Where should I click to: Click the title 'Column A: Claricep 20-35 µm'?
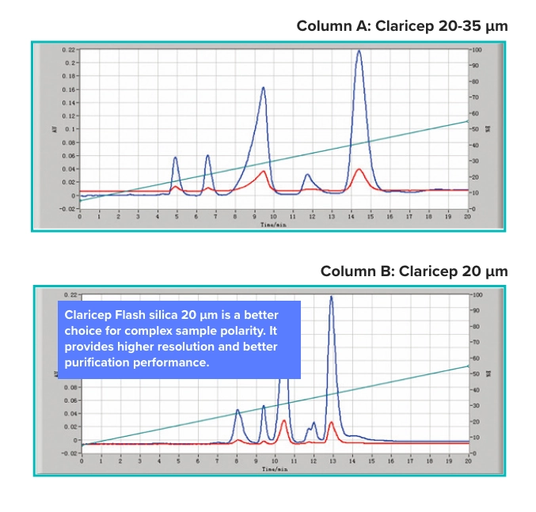coord(401,26)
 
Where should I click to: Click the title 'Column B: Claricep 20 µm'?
coord(413,271)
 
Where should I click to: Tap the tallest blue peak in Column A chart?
coord(359,52)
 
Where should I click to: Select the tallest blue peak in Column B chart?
coord(331,298)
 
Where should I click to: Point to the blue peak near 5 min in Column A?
coord(176,158)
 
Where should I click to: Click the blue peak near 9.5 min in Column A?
coord(263,88)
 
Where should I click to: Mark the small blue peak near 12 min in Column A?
coord(307,175)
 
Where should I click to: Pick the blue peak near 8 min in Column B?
coord(238,411)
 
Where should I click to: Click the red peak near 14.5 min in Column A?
coord(359,169)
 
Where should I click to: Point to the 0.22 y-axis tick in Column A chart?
coord(70,49)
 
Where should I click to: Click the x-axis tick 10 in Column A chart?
coord(273,215)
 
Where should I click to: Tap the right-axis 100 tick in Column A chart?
coord(477,49)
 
